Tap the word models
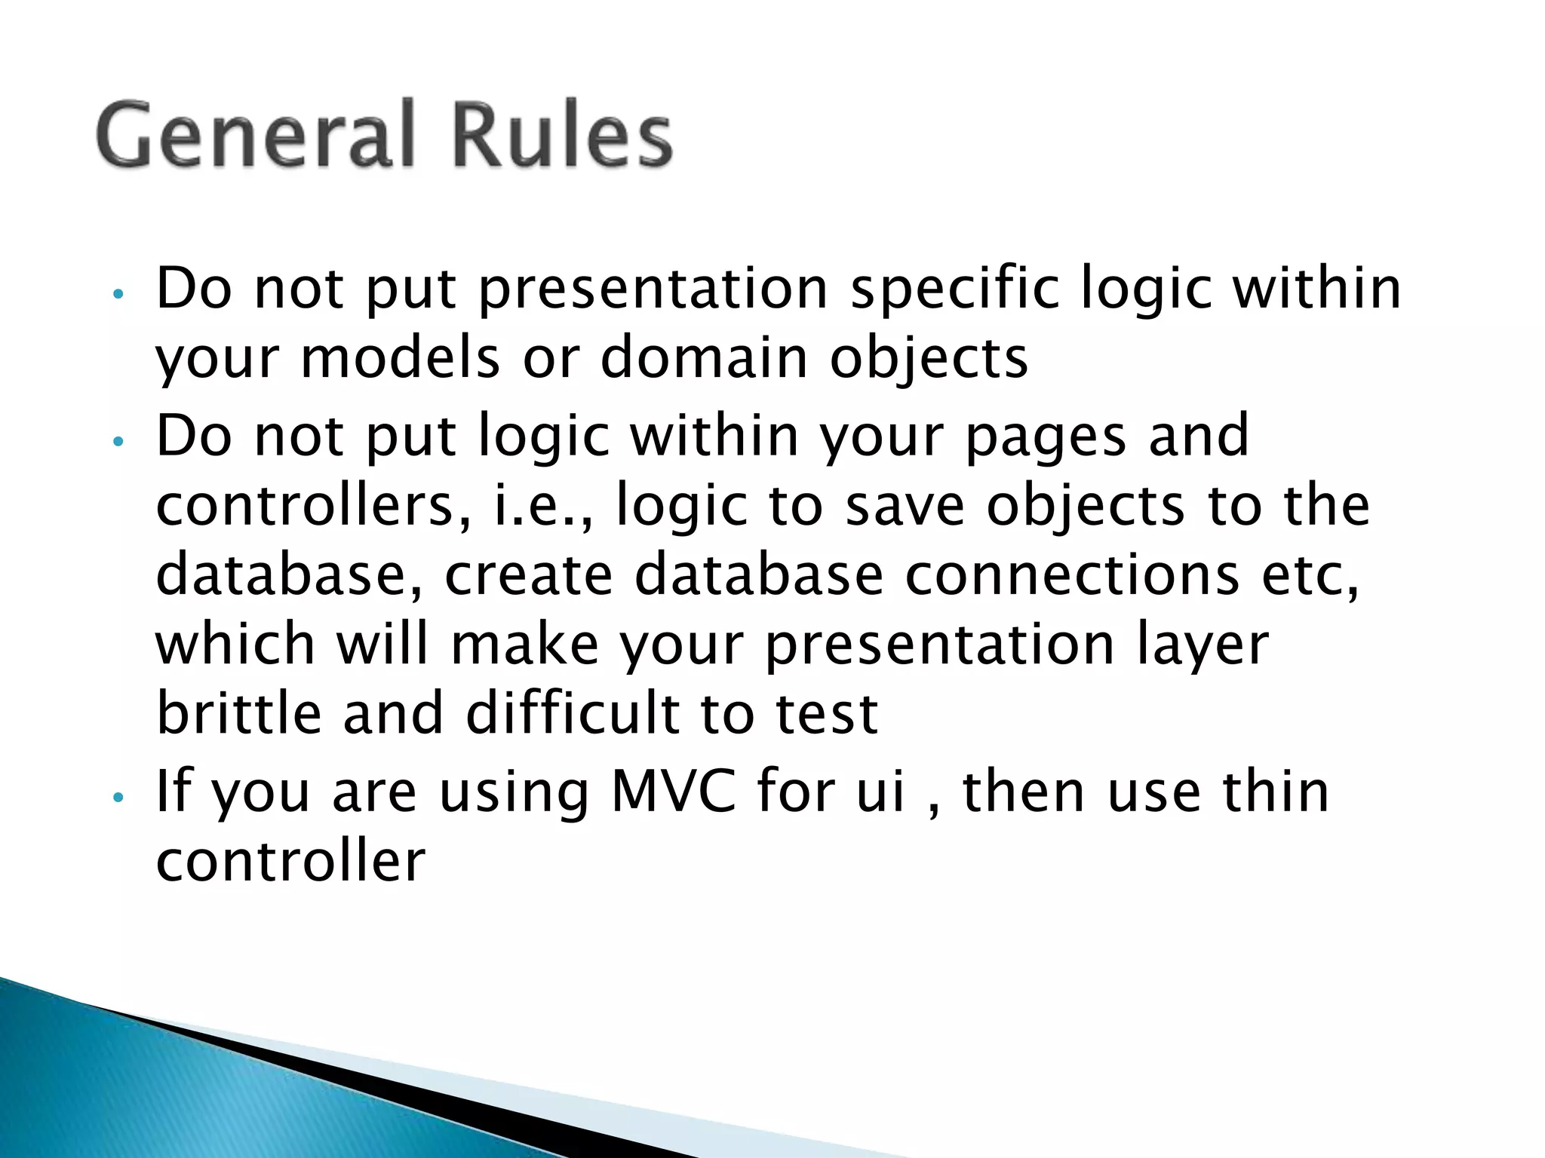400,358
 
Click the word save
905,505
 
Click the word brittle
238,713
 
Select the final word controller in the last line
290,861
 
